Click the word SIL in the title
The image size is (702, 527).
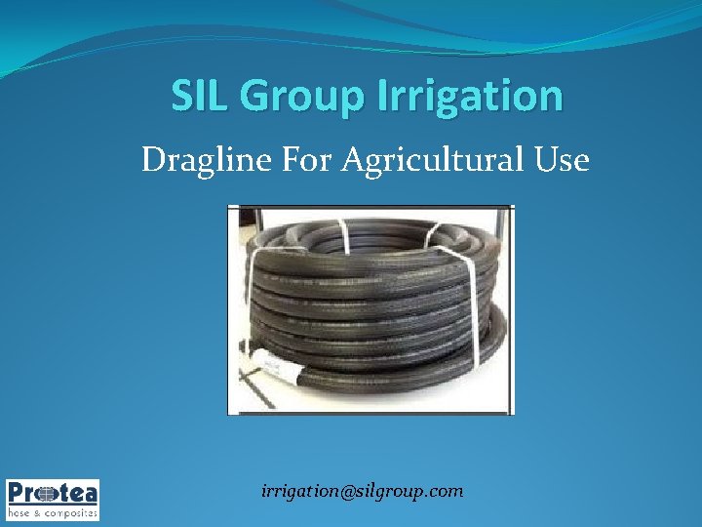click(x=199, y=97)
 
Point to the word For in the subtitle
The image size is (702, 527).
click(x=305, y=158)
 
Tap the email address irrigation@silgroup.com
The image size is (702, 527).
click(x=363, y=491)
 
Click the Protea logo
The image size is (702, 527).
click(x=53, y=499)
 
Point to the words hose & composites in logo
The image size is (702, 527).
click(x=53, y=511)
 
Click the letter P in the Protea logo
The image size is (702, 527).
click(x=18, y=492)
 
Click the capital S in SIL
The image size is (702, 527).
click(x=181, y=97)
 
